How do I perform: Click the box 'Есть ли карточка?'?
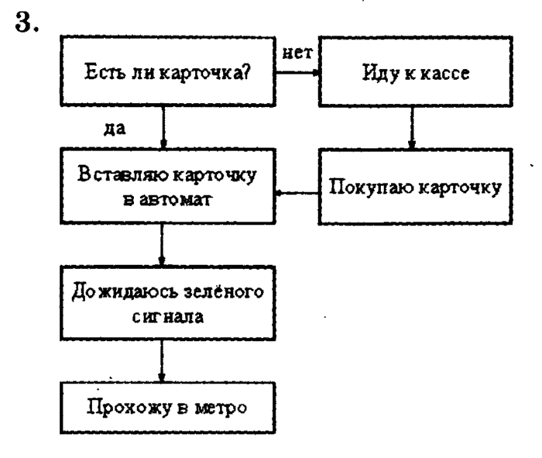coord(165,75)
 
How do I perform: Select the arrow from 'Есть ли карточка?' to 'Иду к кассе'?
coord(297,74)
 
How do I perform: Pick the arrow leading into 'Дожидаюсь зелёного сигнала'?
coord(163,245)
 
